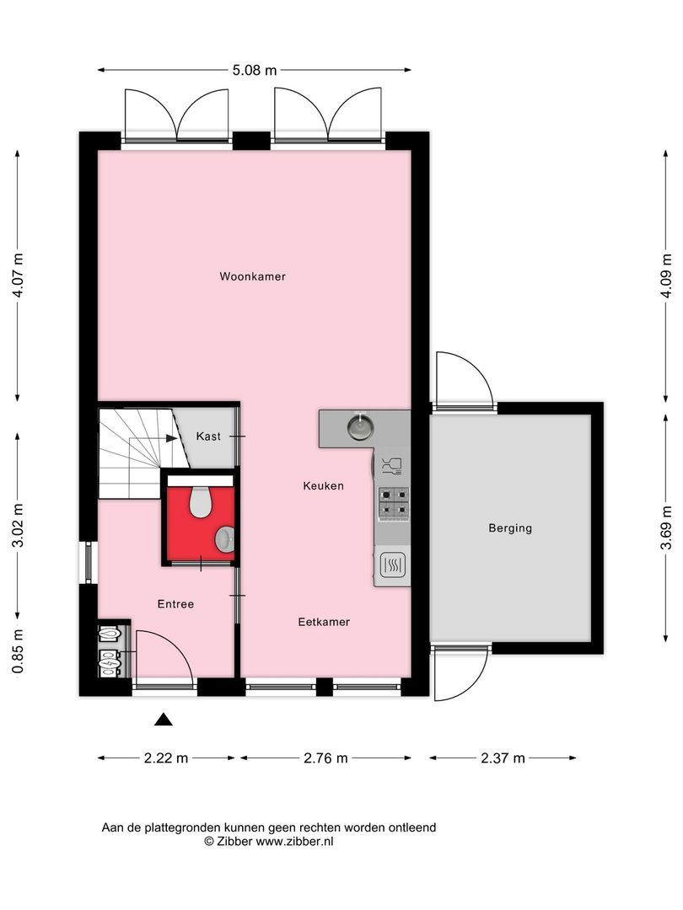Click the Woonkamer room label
252,276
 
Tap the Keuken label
324,486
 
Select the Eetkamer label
324,622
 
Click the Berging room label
510,528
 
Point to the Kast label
208,436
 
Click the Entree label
175,604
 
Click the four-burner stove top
393,501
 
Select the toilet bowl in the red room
201,502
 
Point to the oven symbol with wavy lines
393,565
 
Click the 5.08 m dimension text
254,71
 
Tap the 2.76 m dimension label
325,758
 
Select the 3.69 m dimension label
666,528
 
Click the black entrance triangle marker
163,719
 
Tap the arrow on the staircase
171,438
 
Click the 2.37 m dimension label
503,758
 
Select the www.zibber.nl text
294,841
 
